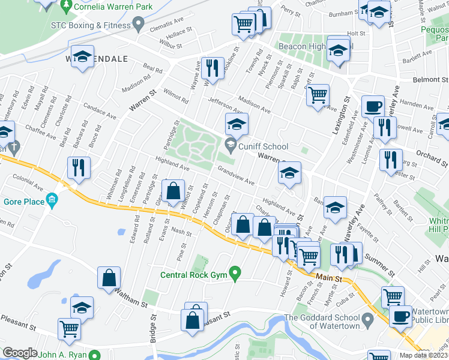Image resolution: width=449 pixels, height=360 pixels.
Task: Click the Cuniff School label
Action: [x=264, y=146]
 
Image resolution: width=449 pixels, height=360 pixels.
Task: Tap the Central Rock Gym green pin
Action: [x=235, y=275]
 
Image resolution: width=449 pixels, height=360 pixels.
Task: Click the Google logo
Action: [x=20, y=353]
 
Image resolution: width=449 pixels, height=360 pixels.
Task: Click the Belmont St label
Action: [x=430, y=80]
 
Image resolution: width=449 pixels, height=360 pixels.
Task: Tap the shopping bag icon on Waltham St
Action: [x=109, y=278]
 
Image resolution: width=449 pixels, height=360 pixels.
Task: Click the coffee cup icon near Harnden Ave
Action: [x=373, y=106]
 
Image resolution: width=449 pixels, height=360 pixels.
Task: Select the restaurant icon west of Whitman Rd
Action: [x=79, y=167]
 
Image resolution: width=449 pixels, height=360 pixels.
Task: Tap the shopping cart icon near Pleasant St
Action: [x=69, y=329]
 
